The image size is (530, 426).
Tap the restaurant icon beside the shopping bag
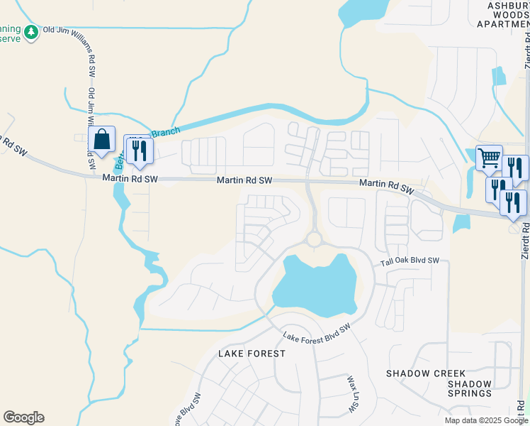(x=138, y=150)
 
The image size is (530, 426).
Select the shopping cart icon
(x=489, y=158)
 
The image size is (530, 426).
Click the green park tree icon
(x=30, y=32)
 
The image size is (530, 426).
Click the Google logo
(x=23, y=417)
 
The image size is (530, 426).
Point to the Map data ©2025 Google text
(x=487, y=420)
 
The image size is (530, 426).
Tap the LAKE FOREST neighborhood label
(x=252, y=353)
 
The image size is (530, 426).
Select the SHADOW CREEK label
(x=426, y=373)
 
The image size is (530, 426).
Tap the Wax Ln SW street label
(x=351, y=395)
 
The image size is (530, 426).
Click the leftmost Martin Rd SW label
(x=129, y=180)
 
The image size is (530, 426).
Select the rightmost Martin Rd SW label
(x=386, y=186)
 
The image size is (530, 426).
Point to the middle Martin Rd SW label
(x=244, y=180)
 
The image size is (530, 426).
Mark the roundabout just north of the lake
(x=314, y=239)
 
